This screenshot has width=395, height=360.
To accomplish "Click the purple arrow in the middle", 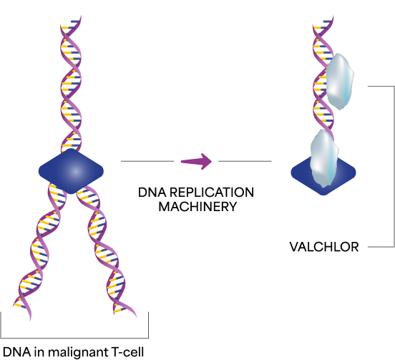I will pos(196,162).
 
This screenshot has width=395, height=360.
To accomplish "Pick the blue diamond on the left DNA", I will pos(71,170).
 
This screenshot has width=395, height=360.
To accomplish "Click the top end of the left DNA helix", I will pos(65,21).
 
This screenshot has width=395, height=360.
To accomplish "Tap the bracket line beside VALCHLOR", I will pos(394,165).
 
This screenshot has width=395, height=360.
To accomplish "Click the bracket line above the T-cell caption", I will pos(75,338).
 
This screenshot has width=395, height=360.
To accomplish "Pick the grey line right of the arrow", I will pos(244,162).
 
